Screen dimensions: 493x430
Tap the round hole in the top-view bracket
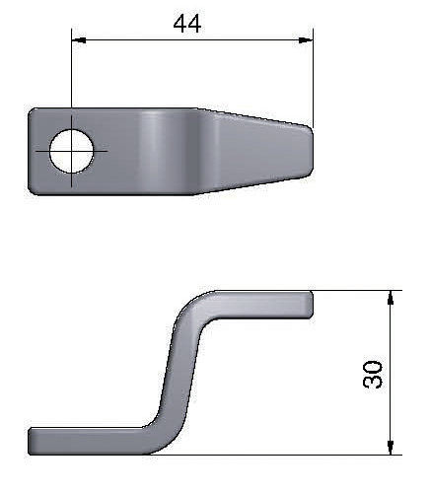tap(71, 151)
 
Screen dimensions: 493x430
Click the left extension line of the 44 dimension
tap(71, 79)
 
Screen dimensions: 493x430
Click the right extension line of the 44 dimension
tap(313, 79)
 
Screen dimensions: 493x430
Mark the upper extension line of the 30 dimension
tap(355, 291)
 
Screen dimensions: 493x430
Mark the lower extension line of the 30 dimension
tap(296, 454)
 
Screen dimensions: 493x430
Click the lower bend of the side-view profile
tap(163, 434)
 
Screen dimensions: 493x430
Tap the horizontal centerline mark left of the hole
tap(39, 151)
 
